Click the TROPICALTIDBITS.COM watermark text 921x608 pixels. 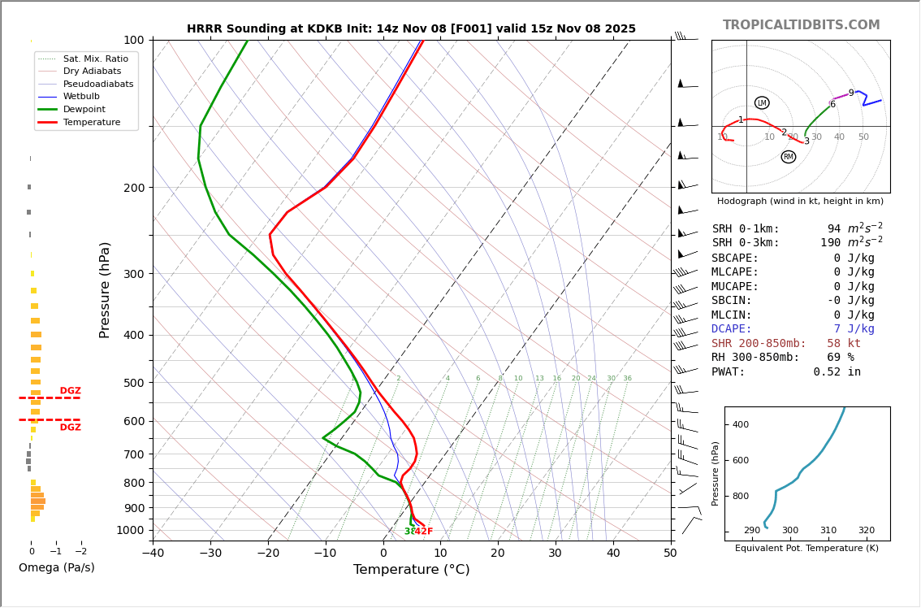pos(801,25)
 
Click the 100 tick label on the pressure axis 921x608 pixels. pos(134,40)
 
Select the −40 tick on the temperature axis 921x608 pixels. pos(153,554)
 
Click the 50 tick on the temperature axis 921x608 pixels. pos(670,554)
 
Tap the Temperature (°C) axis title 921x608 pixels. pos(411,570)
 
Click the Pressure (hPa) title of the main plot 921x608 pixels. pos(105,289)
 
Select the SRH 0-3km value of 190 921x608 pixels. pos(830,243)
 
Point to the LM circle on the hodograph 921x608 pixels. pos(762,103)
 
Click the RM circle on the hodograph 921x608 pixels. pos(789,157)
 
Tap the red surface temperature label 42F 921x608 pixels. pos(424,532)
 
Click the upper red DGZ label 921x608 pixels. pos(70,391)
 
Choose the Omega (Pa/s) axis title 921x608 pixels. pos(57,567)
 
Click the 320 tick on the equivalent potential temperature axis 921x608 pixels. pos(866,530)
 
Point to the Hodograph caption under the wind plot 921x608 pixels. pos(800,201)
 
